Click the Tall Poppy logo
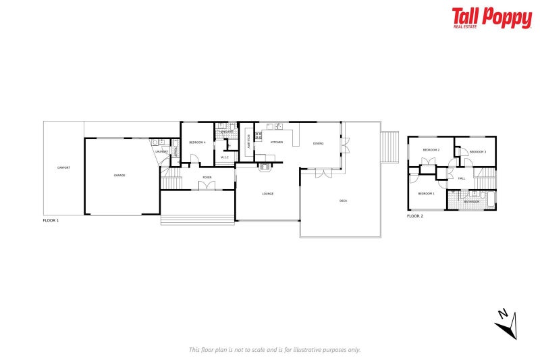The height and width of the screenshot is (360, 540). [x=491, y=18]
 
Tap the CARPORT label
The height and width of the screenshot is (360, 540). [x=63, y=168]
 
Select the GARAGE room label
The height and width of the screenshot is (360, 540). [x=119, y=175]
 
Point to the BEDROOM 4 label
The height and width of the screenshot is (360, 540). [x=197, y=143]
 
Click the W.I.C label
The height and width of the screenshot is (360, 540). [x=225, y=158]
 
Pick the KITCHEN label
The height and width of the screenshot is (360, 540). [x=277, y=143]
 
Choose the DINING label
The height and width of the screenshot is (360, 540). [x=318, y=143]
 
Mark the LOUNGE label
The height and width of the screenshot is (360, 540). [x=267, y=194]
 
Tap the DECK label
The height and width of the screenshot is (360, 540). [x=343, y=201]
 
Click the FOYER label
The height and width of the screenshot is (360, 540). [x=207, y=178]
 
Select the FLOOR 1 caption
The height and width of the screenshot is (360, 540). [x=51, y=221]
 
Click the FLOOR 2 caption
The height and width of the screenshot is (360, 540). [x=415, y=216]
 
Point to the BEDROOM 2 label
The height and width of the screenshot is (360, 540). [x=431, y=150]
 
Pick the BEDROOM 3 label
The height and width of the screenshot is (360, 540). [x=478, y=152]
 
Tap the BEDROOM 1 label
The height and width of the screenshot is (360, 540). [x=426, y=194]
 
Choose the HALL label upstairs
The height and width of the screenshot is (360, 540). [x=462, y=178]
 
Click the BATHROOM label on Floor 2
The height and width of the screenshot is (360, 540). [x=471, y=201]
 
